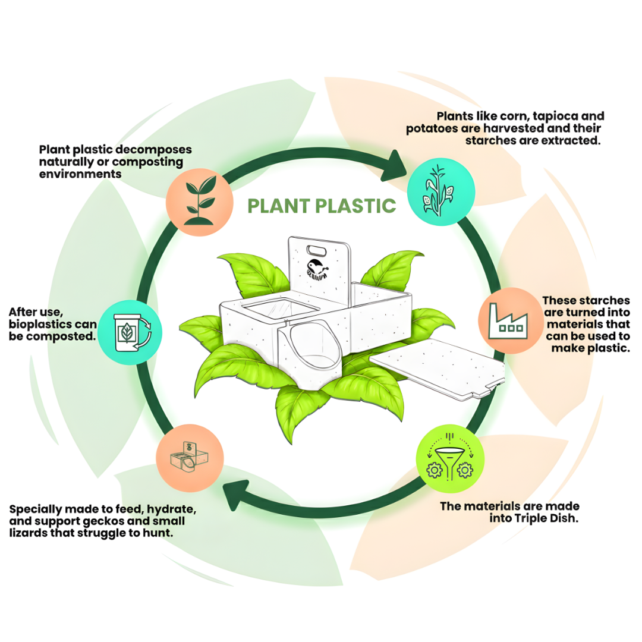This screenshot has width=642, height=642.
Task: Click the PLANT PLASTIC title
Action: click(x=322, y=206)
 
